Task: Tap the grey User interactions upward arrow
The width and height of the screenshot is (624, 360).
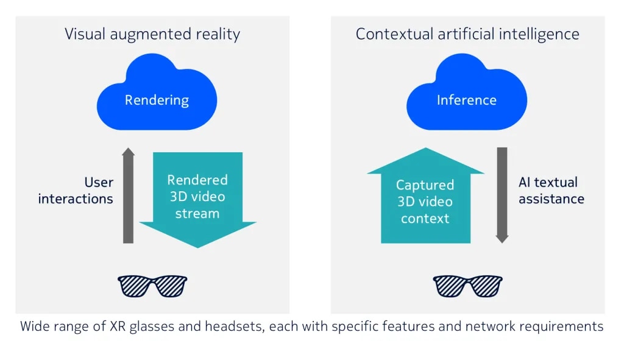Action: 128,195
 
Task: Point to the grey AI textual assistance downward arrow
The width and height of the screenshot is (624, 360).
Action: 502,195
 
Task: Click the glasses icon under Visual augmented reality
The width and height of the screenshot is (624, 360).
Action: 152,286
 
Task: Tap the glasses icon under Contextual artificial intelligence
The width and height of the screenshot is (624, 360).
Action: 467,286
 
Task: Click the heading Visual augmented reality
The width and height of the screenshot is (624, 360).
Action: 152,34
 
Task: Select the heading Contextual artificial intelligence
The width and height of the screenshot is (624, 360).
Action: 467,34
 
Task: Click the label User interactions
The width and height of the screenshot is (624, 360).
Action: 76,190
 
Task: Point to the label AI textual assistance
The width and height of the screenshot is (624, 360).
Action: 551,190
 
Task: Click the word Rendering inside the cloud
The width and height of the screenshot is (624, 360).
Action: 157,101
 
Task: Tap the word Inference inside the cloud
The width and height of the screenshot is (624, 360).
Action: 466,101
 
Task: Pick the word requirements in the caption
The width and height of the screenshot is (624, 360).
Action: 565,326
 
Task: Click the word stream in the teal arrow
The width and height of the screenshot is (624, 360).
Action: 197,213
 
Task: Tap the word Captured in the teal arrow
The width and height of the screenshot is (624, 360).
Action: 425,185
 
